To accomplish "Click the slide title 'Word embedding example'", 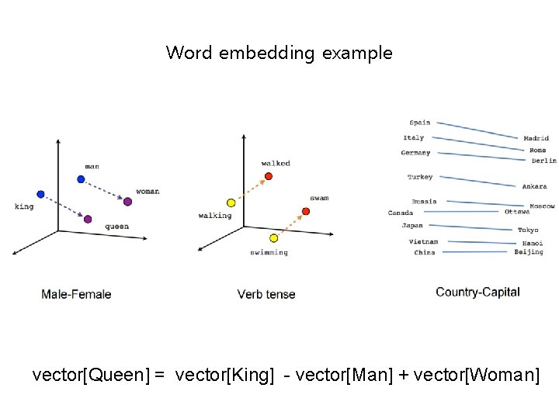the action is [279, 54].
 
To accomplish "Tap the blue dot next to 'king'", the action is [40, 194].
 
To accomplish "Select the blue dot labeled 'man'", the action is [81, 179].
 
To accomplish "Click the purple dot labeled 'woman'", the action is [127, 202].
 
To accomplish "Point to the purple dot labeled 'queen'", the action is [88, 220].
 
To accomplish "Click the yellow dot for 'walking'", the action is [230, 203].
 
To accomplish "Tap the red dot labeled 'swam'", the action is [305, 211].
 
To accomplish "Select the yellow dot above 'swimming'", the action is [273, 237].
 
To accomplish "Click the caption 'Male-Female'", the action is [76, 294].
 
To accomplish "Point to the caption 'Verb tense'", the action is [266, 294].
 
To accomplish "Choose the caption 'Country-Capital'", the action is [477, 292].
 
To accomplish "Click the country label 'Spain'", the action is [420, 123].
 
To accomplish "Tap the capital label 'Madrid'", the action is [536, 139].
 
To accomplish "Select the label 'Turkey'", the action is [420, 177].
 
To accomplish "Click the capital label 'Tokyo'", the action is [528, 230].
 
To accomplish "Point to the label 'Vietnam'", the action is [423, 242].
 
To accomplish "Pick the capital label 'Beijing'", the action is [529, 252].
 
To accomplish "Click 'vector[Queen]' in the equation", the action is [91, 376].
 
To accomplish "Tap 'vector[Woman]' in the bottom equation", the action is [476, 376].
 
